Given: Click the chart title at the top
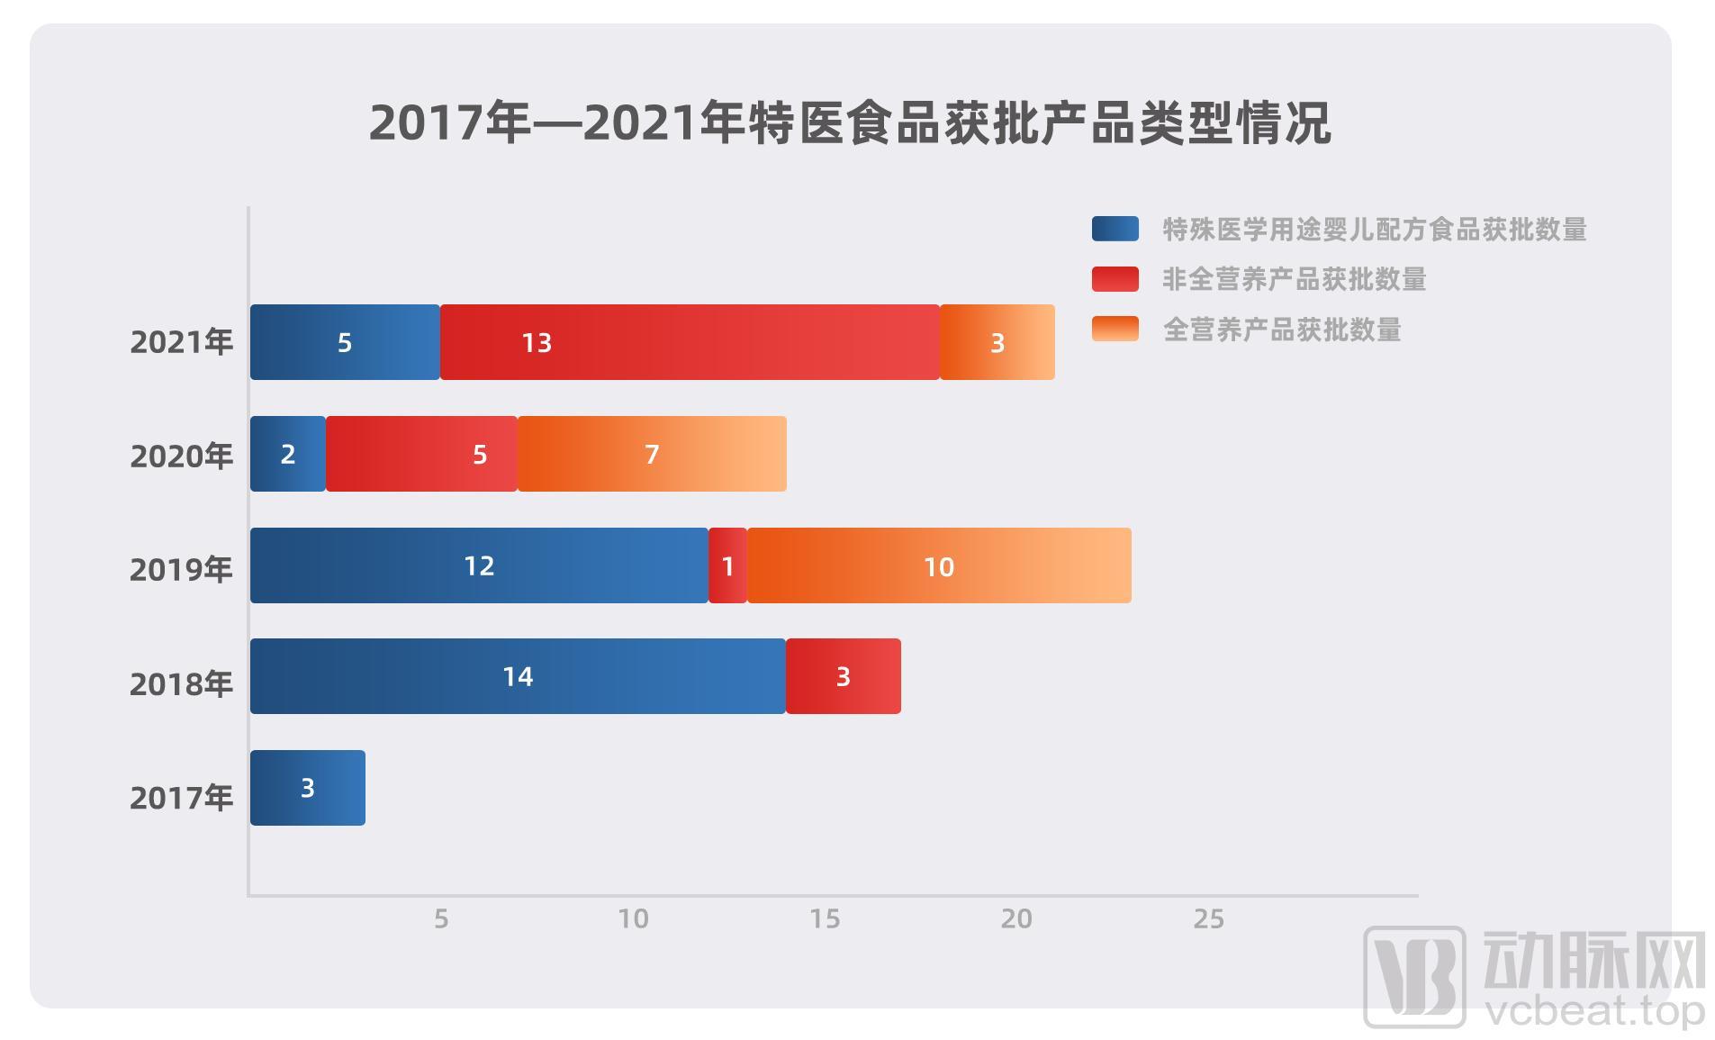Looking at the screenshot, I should point(849,122).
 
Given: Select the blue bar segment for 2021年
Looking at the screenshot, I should point(345,342).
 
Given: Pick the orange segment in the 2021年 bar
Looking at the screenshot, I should point(997,342).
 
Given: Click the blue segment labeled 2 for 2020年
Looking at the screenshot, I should point(287,454).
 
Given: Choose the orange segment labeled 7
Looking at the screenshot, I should point(652,454).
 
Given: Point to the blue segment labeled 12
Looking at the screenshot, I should point(479,565).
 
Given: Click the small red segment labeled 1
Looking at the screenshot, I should point(727,565).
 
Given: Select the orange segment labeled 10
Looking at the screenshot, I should point(938,565).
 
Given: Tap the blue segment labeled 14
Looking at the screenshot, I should point(518,676).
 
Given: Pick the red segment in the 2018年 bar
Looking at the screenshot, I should point(843,676).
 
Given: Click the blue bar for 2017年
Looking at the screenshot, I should point(307,788).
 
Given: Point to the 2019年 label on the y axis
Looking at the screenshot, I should point(181,569).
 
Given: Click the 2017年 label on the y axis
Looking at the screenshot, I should point(181,797).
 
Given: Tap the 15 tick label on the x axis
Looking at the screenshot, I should point(825,918).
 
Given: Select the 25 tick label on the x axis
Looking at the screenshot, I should point(1208,918).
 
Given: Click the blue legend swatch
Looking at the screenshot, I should point(1115,229).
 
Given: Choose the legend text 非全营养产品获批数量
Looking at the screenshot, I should point(1294,279).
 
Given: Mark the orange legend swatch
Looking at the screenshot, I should point(1115,329).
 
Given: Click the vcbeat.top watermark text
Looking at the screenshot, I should point(1594,1011).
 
